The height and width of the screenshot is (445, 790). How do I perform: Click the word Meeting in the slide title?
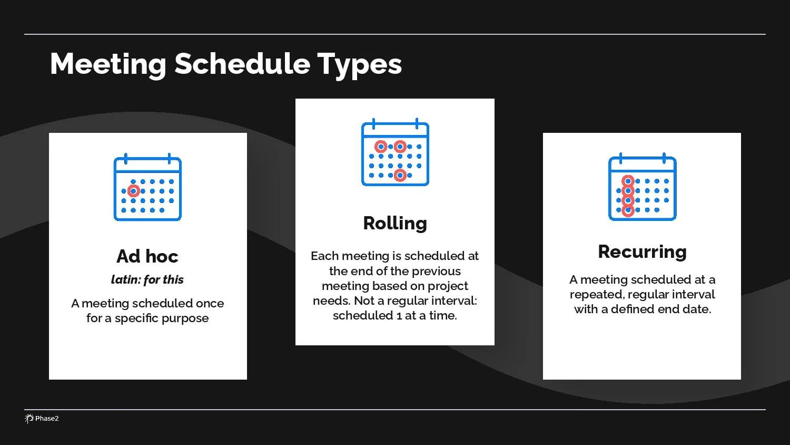[107, 64]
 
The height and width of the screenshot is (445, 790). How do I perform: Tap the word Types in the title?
[359, 64]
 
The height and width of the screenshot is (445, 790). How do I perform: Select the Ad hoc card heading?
[147, 256]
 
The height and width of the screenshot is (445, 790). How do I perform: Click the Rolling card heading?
[395, 223]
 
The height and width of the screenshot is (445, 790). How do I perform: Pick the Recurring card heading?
[642, 251]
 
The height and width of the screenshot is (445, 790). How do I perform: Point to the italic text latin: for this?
[147, 279]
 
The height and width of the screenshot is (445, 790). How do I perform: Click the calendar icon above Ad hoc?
[147, 187]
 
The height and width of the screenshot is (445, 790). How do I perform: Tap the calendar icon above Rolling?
[395, 152]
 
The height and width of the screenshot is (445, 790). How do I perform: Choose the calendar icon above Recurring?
[642, 187]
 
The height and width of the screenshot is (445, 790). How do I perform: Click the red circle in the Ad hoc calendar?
[134, 191]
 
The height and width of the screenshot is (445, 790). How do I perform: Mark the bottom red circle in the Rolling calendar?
[400, 175]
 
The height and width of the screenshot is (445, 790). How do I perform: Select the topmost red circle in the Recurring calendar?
[628, 181]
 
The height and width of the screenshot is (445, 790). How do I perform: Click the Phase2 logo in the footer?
[42, 419]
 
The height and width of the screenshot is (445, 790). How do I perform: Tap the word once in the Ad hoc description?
[210, 303]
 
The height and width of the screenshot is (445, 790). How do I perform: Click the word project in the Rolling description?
[448, 286]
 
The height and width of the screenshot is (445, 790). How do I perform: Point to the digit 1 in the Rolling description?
[399, 316]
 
